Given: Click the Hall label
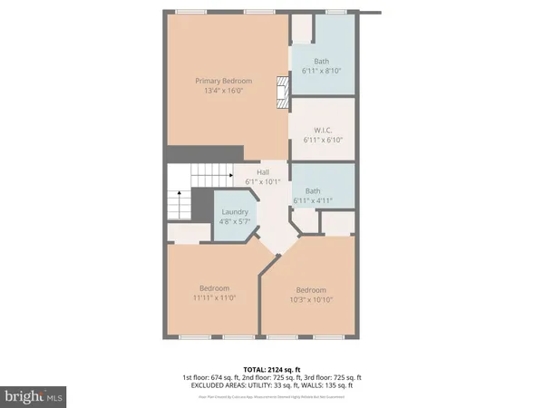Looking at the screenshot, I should click(263, 172).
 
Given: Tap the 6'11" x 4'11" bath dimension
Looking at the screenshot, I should click(313, 200).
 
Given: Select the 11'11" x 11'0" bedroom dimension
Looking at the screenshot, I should click(214, 297).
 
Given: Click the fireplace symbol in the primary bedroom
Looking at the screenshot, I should click(281, 91).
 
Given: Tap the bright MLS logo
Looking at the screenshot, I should click(35, 397).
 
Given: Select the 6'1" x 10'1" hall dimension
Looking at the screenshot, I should click(263, 181).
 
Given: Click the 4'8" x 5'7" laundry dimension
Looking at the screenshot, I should click(234, 220).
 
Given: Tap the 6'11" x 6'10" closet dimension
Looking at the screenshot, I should click(322, 140).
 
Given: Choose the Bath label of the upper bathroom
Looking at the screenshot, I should click(322, 62).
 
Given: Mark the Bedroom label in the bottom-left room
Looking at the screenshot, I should click(214, 287).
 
